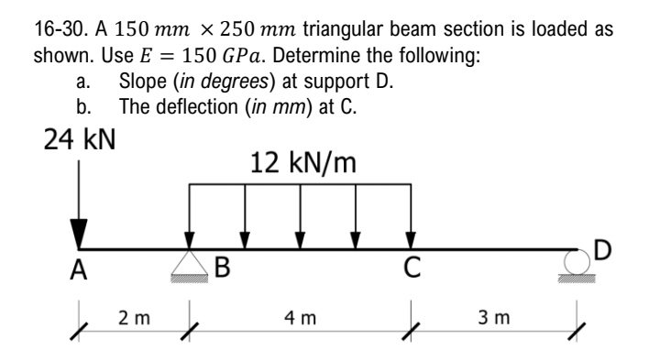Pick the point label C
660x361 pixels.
click(x=412, y=268)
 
